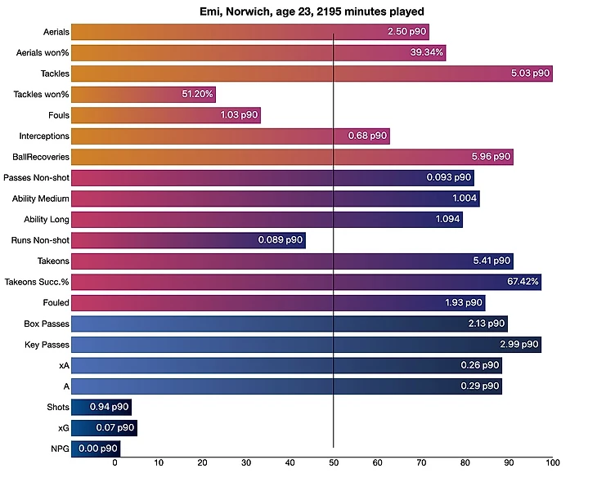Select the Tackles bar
point(312,74)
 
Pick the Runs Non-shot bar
point(188,240)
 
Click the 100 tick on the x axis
point(553,463)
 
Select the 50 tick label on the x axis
point(334,463)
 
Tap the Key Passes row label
point(47,344)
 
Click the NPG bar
point(97,449)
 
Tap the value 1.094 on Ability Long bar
point(447,219)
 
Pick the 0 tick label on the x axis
point(114,463)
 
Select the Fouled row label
point(56,302)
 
